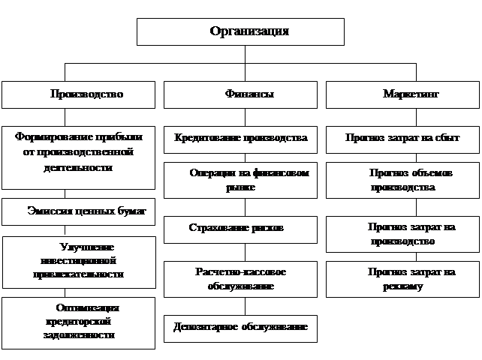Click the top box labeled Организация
(x=239, y=31)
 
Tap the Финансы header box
(x=241, y=94)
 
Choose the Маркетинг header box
(x=402, y=94)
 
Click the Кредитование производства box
(x=241, y=139)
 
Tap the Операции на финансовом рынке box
(x=241, y=180)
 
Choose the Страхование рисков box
(x=241, y=227)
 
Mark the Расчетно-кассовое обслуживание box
(x=241, y=278)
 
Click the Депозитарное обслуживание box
(x=241, y=328)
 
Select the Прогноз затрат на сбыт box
(x=402, y=139)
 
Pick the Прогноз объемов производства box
(x=402, y=180)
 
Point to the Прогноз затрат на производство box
(x=402, y=234)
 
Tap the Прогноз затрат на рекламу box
(x=402, y=279)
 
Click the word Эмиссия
(x=47, y=211)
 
